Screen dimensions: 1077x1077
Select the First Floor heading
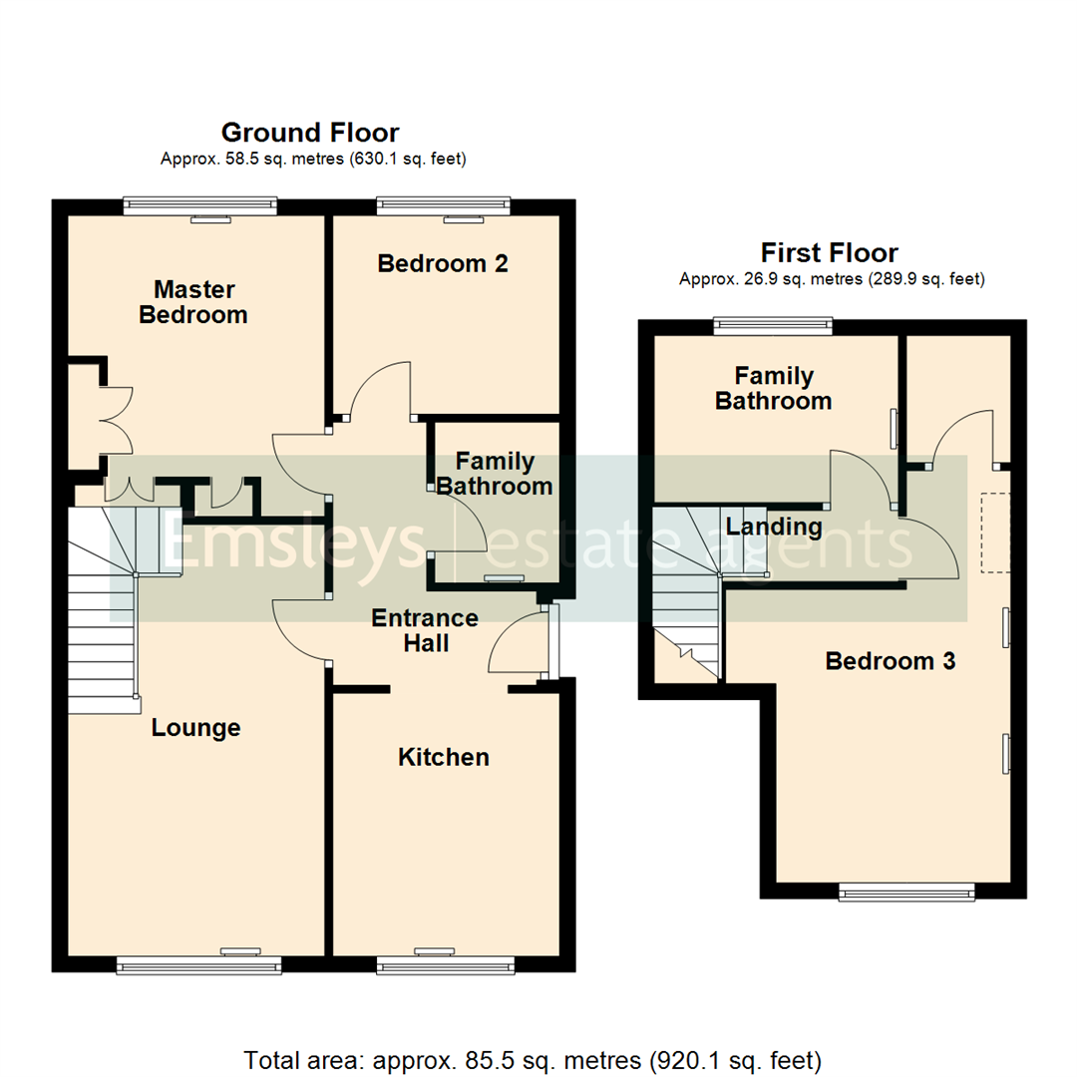829,253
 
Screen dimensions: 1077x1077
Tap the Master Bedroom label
193,302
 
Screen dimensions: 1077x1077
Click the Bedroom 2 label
443,264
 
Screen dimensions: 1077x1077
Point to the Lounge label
195,728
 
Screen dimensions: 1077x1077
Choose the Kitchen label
444,758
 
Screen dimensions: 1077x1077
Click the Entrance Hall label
425,631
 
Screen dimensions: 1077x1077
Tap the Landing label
774,527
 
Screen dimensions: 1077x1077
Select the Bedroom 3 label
891,661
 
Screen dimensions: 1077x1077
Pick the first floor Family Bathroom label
774,389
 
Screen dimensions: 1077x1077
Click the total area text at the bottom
533,1058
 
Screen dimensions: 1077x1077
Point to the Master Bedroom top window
199,205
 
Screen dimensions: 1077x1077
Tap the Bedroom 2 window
444,205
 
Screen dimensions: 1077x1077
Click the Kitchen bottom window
446,964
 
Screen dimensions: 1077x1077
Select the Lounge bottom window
198,964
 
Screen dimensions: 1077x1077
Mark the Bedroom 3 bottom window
906,893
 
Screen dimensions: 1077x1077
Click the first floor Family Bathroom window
773,323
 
